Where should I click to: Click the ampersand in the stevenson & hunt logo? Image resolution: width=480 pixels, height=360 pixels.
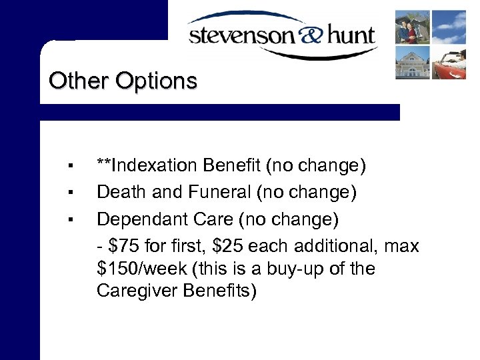click(x=295, y=34)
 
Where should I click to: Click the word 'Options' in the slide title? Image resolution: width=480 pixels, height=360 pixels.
click(x=157, y=81)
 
